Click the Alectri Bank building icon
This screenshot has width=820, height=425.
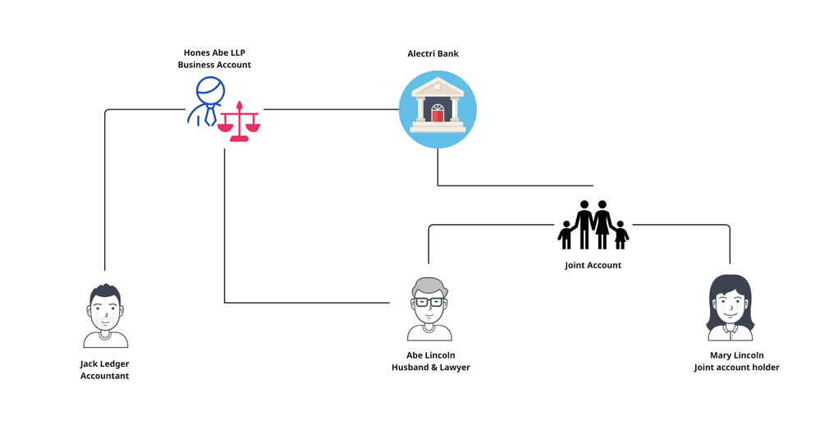coord(437,109)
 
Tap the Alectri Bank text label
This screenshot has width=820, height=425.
coord(433,54)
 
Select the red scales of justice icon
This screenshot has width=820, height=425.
coord(240,123)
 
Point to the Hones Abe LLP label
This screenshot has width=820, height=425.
coord(214,53)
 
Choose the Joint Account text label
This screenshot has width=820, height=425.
coord(593,265)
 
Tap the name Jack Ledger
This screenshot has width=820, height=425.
coord(104,363)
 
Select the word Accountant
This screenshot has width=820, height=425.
coord(104,376)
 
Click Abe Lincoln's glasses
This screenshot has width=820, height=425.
coord(429,302)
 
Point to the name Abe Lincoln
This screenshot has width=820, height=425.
coord(430,355)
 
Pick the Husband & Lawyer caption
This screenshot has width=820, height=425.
coord(430,368)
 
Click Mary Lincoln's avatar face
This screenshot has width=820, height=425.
coord(730,307)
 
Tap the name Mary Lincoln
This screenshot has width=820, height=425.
coord(735,355)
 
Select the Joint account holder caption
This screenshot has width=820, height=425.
coord(735,368)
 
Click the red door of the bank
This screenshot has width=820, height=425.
coord(437,116)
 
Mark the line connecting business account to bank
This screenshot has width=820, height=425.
coord(328,109)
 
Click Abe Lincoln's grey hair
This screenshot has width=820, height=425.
coord(429,286)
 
